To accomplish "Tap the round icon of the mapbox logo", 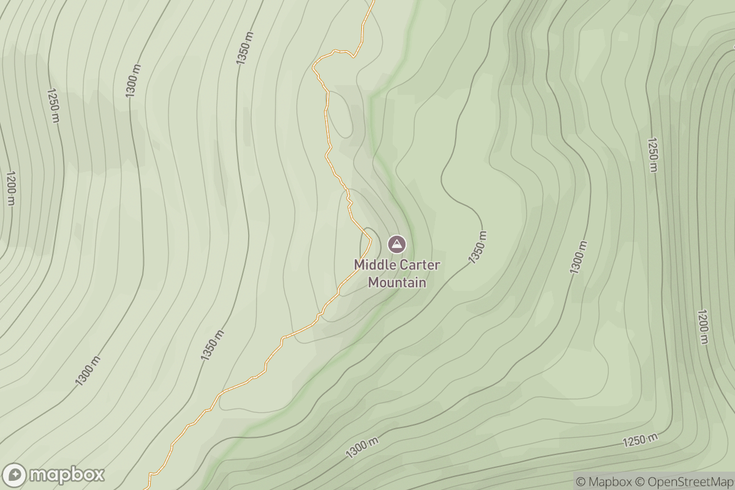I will point(15,475).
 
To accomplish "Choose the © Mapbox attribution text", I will point(604,481).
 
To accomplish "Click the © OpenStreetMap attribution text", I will point(684,481).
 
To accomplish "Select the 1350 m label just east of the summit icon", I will point(478,247).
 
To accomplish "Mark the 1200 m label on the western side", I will point(10,188).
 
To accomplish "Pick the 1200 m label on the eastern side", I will point(702,326).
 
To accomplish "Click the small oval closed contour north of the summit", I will point(340,114).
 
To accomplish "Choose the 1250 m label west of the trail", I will point(53,105).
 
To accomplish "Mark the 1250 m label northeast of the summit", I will point(652,155).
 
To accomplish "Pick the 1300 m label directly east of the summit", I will point(578,257).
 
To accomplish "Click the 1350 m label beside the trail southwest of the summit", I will point(212,345).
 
